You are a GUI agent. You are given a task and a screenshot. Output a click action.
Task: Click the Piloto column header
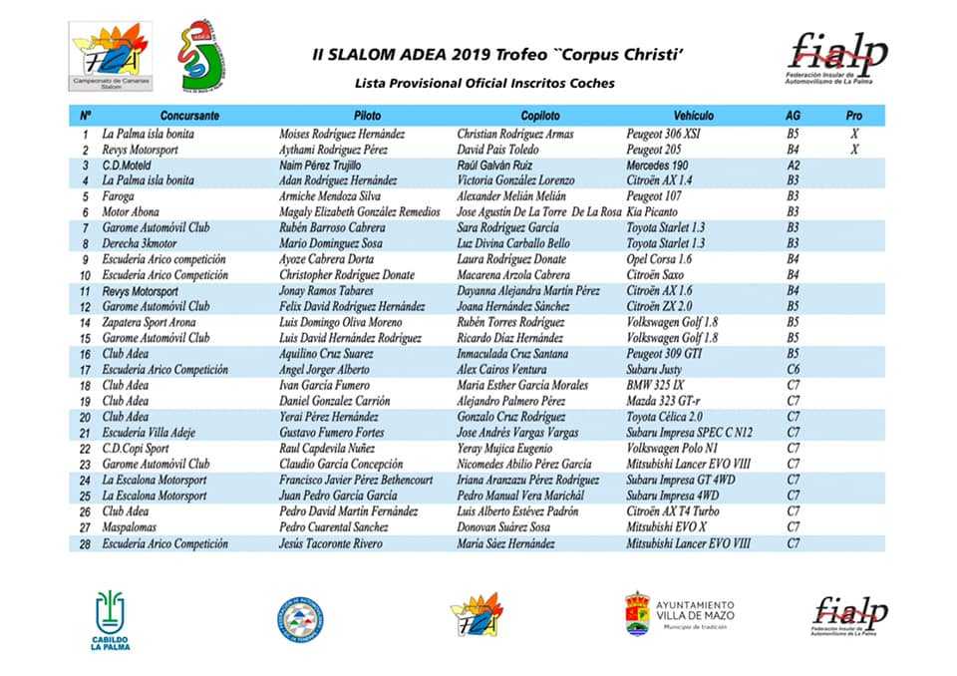click(x=368, y=116)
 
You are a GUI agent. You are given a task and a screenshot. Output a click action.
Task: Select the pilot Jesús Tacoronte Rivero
click(x=331, y=543)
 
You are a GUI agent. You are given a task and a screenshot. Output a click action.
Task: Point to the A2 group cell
click(x=794, y=165)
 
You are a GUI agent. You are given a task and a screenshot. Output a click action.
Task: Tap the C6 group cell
click(x=794, y=369)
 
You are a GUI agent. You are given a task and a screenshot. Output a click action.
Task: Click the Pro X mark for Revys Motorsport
click(x=854, y=149)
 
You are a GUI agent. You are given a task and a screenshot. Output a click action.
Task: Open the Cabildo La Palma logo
click(x=112, y=618)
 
